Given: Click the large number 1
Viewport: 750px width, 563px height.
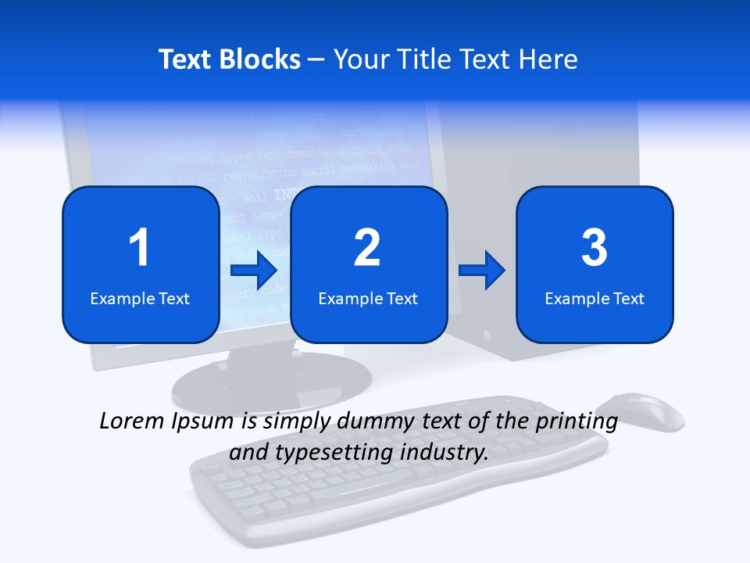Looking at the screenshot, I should [139, 248].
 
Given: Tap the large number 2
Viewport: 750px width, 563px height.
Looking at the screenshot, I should [367, 248].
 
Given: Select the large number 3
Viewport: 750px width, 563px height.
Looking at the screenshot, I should [595, 248].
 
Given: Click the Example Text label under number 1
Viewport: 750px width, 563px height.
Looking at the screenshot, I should [140, 299].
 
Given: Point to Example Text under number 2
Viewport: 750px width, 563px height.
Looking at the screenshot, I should [368, 299].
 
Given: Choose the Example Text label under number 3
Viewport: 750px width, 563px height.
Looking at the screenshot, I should [595, 299].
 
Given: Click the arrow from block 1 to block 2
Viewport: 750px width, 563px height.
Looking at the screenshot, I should [254, 271].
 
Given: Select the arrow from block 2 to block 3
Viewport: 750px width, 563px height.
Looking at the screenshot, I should [482, 271].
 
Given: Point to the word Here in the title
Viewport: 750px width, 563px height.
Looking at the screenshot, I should [548, 59].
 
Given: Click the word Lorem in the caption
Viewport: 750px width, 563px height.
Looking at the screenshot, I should [131, 421].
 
